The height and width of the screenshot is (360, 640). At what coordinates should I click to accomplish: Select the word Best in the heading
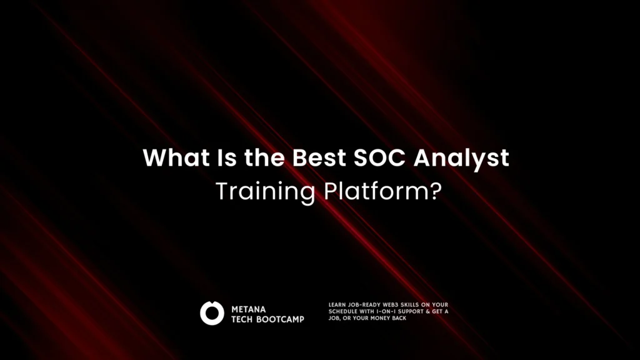(319, 157)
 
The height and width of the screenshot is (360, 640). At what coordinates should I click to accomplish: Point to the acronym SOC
(379, 157)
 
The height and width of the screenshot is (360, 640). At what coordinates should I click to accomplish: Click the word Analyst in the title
(461, 158)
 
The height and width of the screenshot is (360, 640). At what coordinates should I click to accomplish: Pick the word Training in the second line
(265, 191)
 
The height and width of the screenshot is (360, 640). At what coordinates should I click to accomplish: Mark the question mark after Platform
(436, 191)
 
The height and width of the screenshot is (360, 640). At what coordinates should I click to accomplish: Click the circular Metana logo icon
(212, 313)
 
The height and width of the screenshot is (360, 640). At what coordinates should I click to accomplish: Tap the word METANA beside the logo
(249, 309)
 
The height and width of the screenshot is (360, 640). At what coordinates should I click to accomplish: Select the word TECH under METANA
(242, 319)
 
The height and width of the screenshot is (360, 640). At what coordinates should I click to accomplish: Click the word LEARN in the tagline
(337, 304)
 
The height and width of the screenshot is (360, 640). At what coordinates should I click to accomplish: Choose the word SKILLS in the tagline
(409, 304)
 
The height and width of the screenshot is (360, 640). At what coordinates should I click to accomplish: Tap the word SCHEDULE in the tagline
(343, 311)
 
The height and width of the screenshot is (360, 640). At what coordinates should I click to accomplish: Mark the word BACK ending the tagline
(399, 318)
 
